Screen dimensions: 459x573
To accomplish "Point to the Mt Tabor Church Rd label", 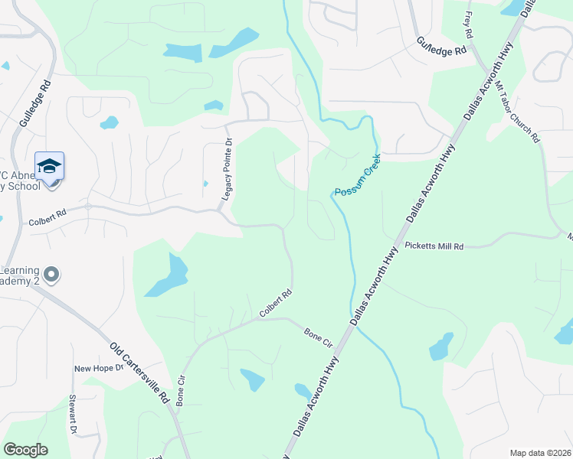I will [x=517, y=113].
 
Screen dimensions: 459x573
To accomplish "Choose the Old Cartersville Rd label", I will [x=139, y=373].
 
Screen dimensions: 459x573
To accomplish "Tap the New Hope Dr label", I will [x=93, y=369].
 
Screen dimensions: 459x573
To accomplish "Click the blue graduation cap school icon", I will [x=50, y=167].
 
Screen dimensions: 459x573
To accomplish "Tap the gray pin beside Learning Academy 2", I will [x=51, y=274].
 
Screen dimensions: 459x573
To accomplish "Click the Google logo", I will [x=25, y=450].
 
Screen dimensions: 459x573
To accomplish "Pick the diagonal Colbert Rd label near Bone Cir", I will [x=276, y=304].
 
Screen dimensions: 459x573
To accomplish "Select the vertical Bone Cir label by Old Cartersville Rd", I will [x=181, y=391].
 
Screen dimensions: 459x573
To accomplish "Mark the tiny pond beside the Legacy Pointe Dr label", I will [x=205, y=184].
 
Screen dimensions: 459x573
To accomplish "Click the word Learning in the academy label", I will [x=18, y=270].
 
